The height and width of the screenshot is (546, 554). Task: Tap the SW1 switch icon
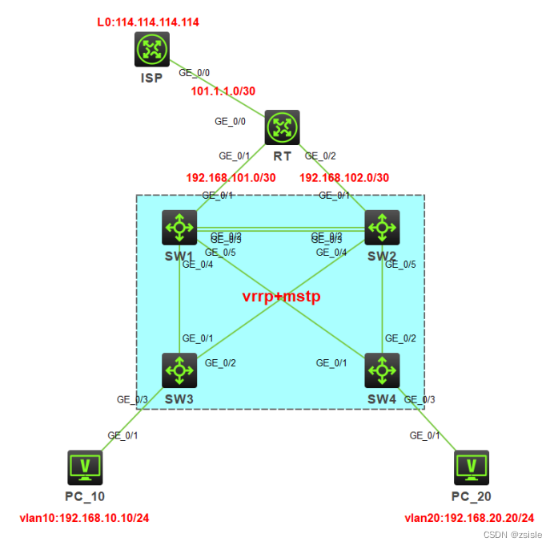click(x=179, y=228)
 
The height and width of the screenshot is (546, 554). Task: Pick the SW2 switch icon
click(x=383, y=228)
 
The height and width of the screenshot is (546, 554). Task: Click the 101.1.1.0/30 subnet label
click(x=223, y=91)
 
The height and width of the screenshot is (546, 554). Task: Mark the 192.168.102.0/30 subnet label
click(x=344, y=176)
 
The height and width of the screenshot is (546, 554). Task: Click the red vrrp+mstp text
click(x=281, y=297)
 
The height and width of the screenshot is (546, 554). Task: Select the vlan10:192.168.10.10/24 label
click(x=84, y=517)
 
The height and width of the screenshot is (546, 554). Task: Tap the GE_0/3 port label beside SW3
click(x=132, y=398)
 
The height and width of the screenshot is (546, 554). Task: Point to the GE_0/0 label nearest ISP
click(x=194, y=72)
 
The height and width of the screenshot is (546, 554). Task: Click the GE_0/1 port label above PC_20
click(x=425, y=435)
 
